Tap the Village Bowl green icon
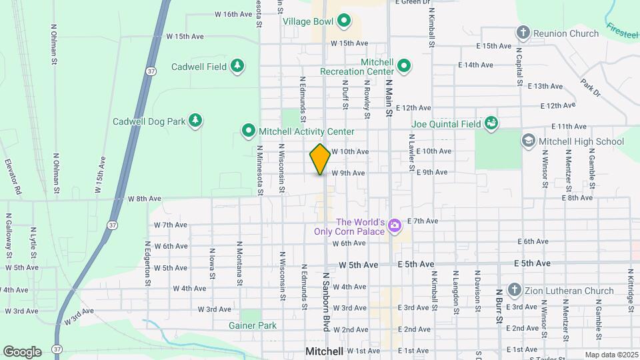tap(344, 21)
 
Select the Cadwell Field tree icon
tap(237, 66)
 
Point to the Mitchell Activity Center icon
tap(249, 131)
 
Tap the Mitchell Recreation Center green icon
tap(404, 66)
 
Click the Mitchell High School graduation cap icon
tap(529, 141)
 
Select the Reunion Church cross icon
tap(523, 33)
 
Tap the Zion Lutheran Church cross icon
tap(514, 290)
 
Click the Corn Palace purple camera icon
tap(395, 226)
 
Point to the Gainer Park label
tap(252, 325)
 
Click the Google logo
tap(22, 351)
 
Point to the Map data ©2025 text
tap(611, 355)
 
